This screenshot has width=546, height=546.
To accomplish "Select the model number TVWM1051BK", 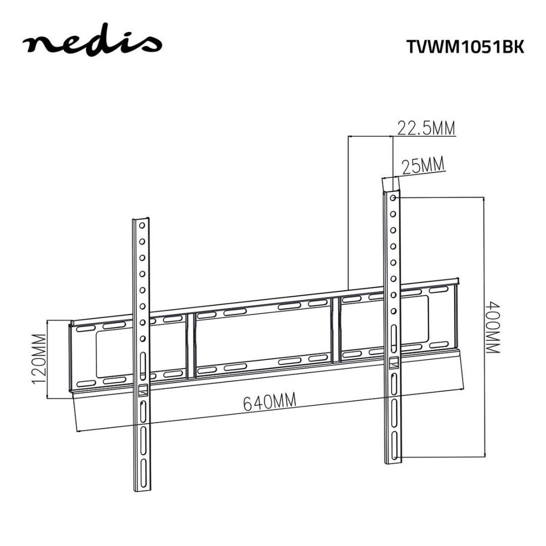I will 465,47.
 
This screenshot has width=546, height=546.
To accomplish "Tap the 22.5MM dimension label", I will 426,128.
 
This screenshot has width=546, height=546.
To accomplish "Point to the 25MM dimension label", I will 422,165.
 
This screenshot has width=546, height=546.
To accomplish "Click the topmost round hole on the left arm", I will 143,225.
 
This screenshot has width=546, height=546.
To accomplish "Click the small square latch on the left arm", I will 143,390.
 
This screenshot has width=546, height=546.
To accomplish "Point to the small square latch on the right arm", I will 393,362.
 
